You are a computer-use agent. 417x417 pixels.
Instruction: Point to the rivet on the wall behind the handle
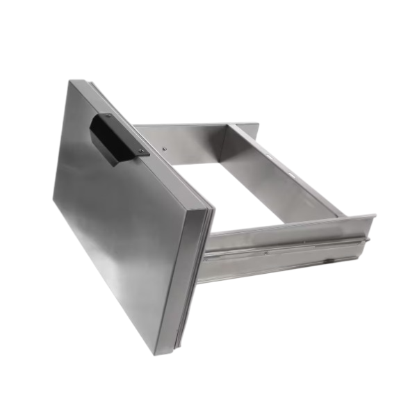[x=165, y=148]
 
